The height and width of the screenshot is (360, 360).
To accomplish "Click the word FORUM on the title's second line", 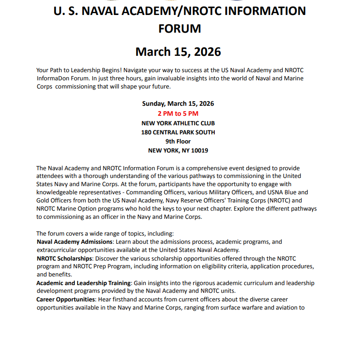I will (x=179, y=29).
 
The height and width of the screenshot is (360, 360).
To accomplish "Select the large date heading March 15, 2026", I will (x=178, y=52).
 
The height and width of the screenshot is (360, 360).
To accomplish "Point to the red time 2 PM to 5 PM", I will (x=178, y=113).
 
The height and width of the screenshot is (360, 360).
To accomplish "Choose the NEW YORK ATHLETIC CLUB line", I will (x=178, y=123).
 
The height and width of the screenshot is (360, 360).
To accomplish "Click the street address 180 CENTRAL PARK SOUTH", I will (x=178, y=133).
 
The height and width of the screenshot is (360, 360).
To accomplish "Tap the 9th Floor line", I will (x=178, y=142).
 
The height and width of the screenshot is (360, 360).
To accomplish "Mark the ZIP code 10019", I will (x=199, y=151).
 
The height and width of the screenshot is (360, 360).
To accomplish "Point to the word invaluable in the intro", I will (x=178, y=78).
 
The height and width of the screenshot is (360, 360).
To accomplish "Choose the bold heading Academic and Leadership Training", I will (x=84, y=283).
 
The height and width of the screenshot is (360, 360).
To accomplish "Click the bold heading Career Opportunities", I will (x=66, y=300).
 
